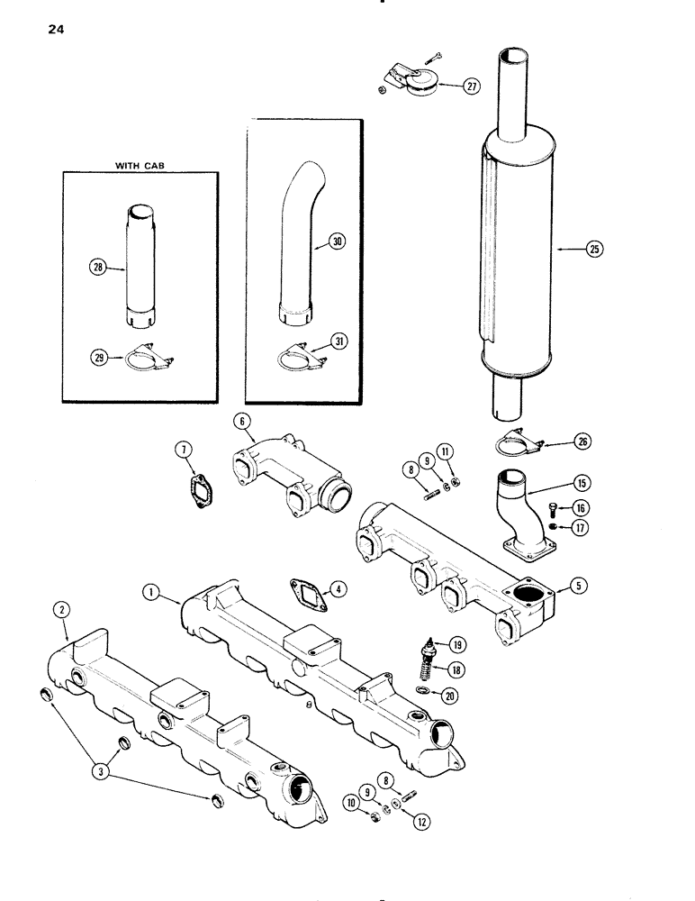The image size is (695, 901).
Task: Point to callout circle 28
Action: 98,266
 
